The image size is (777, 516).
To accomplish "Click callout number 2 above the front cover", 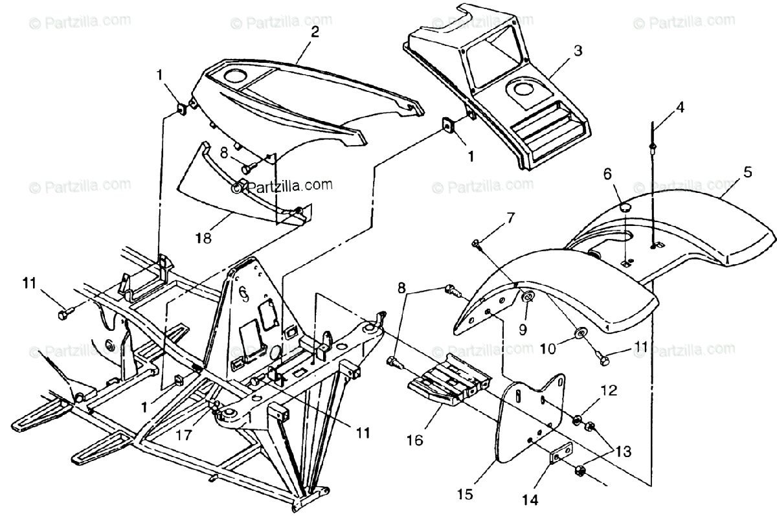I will (314, 33).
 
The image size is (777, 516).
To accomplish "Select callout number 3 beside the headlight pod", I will (578, 50).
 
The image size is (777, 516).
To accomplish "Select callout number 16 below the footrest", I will (414, 441).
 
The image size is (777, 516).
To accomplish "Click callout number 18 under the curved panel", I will (204, 238).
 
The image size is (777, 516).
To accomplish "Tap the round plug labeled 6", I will (625, 207).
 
